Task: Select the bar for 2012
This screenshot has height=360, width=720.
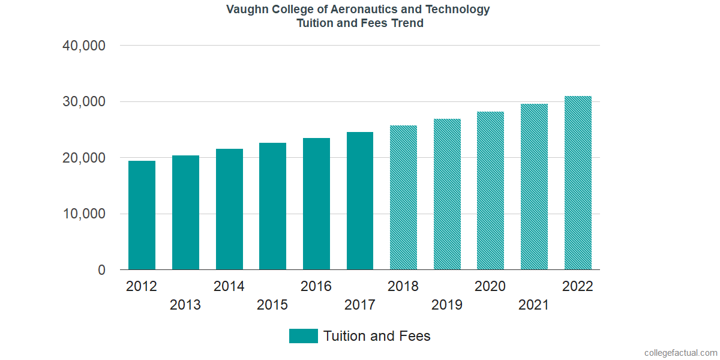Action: [x=142, y=215]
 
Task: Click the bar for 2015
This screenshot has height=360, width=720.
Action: [x=272, y=206]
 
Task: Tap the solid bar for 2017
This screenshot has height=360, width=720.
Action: [x=360, y=201]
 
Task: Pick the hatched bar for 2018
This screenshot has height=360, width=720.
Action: [x=403, y=197]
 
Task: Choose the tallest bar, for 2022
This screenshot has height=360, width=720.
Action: [x=578, y=183]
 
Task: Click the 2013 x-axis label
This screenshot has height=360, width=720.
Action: [x=185, y=305]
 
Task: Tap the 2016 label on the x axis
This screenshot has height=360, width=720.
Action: [x=316, y=286]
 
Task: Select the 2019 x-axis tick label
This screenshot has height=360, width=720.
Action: [x=447, y=305]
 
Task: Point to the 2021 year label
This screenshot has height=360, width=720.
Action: [x=534, y=305]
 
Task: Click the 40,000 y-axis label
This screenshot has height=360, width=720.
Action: [x=84, y=46]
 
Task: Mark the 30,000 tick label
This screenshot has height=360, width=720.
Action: [x=84, y=102]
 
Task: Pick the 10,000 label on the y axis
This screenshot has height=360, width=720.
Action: [x=84, y=214]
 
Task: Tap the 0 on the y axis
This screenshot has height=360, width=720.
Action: [x=101, y=271]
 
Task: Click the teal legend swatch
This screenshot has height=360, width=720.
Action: [x=303, y=336]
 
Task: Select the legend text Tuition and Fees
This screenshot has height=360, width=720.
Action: [x=377, y=336]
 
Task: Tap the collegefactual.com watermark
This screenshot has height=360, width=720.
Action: [x=680, y=353]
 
